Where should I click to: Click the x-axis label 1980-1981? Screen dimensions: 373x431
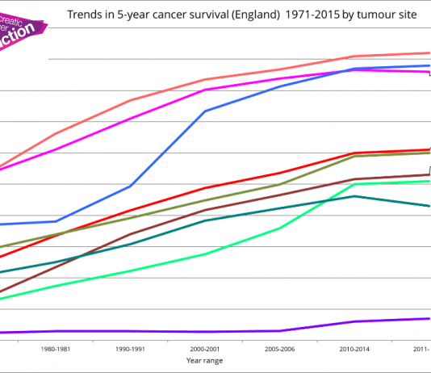56,349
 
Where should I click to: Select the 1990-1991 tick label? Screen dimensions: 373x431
131,349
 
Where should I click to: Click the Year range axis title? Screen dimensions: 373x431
205,360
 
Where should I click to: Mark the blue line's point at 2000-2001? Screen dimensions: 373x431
205,111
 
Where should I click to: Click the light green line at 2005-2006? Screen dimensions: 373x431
279,228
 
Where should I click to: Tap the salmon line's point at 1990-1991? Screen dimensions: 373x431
131,100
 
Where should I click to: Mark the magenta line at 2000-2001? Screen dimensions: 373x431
205,90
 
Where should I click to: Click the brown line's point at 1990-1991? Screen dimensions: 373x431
131,234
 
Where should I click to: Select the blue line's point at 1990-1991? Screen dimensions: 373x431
131,186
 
